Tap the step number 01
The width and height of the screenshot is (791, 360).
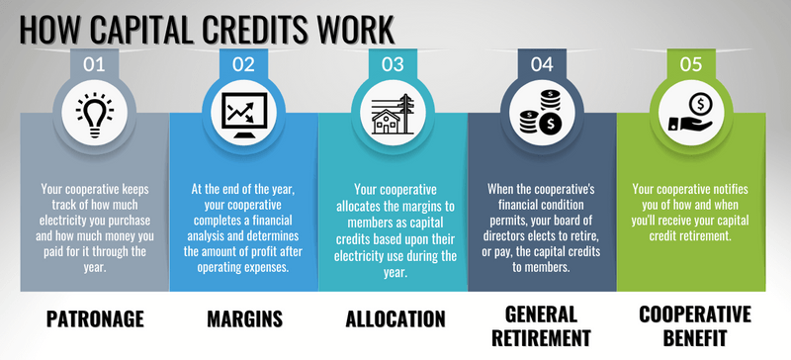pos(95,65)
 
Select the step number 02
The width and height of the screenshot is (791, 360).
pos(243,65)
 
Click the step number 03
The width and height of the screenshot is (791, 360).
pos(393,65)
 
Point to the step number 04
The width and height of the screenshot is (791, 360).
pos(541,65)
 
